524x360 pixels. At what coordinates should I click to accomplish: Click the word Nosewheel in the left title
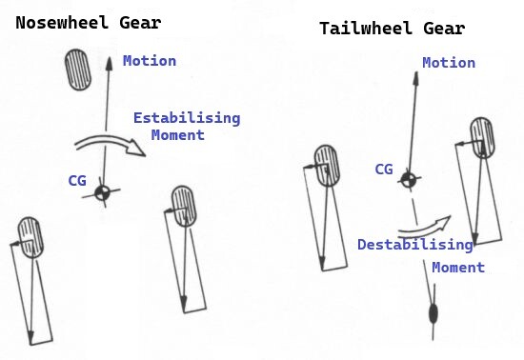click(62, 23)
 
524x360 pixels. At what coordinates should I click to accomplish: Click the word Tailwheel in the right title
click(366, 28)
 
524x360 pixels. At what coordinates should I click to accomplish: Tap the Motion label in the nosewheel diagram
click(150, 61)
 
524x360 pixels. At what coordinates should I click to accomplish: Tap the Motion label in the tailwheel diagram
click(449, 63)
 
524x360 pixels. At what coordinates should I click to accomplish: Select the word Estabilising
click(187, 118)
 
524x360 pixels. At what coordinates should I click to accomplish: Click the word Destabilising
click(415, 245)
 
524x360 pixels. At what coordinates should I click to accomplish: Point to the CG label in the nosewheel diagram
click(77, 181)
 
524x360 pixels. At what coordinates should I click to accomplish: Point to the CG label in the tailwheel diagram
click(384, 170)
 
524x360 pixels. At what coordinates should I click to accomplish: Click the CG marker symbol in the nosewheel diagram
click(102, 192)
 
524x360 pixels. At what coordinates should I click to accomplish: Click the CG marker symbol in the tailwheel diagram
click(409, 180)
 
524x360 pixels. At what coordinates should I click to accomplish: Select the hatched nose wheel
click(78, 70)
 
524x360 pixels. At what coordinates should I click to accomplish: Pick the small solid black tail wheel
click(433, 313)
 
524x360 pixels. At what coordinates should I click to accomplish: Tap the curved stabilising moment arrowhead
click(136, 149)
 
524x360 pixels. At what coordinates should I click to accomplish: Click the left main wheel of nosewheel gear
click(30, 237)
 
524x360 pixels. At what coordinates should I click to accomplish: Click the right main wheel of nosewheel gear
click(184, 207)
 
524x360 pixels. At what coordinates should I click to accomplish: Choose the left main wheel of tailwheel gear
click(327, 166)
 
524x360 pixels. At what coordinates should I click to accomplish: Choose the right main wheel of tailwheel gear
click(483, 137)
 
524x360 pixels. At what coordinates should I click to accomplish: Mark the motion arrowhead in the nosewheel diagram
click(110, 64)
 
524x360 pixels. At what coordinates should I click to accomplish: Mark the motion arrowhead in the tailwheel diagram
click(415, 78)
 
